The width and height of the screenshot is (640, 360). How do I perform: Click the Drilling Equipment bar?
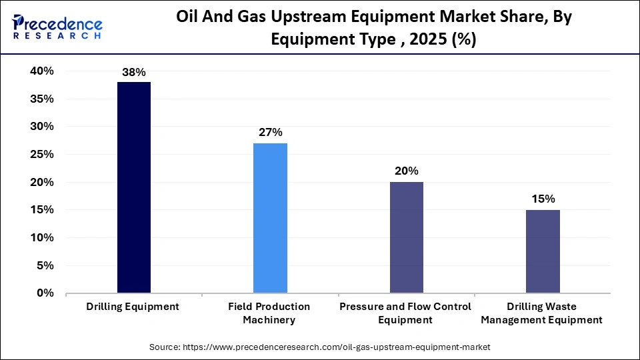click(134, 187)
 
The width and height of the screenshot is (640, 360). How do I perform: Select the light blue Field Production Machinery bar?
click(270, 218)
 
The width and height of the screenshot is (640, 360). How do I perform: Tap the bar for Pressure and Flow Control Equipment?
click(406, 237)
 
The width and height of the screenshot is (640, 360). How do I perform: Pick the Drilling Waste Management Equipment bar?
click(543, 251)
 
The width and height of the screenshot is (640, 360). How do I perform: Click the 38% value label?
click(134, 72)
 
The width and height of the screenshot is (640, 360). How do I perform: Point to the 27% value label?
click(270, 133)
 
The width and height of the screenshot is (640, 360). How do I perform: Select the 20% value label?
click(406, 171)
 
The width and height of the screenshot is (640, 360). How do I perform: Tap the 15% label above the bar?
click(543, 199)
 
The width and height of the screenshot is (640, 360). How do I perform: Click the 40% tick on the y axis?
click(41, 71)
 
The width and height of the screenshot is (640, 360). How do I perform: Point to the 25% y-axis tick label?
click(41, 155)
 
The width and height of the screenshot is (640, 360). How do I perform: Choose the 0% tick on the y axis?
click(45, 293)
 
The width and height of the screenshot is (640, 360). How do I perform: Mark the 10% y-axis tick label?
click(41, 238)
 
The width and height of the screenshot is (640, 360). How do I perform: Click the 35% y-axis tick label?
click(41, 99)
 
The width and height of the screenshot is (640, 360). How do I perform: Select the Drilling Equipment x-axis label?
click(133, 307)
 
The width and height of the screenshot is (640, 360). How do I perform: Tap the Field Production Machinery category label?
click(269, 313)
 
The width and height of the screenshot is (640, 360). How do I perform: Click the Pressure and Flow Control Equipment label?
click(405, 313)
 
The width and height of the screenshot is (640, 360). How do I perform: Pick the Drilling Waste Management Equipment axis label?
click(542, 313)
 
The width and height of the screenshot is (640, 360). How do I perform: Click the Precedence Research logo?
click(57, 27)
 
